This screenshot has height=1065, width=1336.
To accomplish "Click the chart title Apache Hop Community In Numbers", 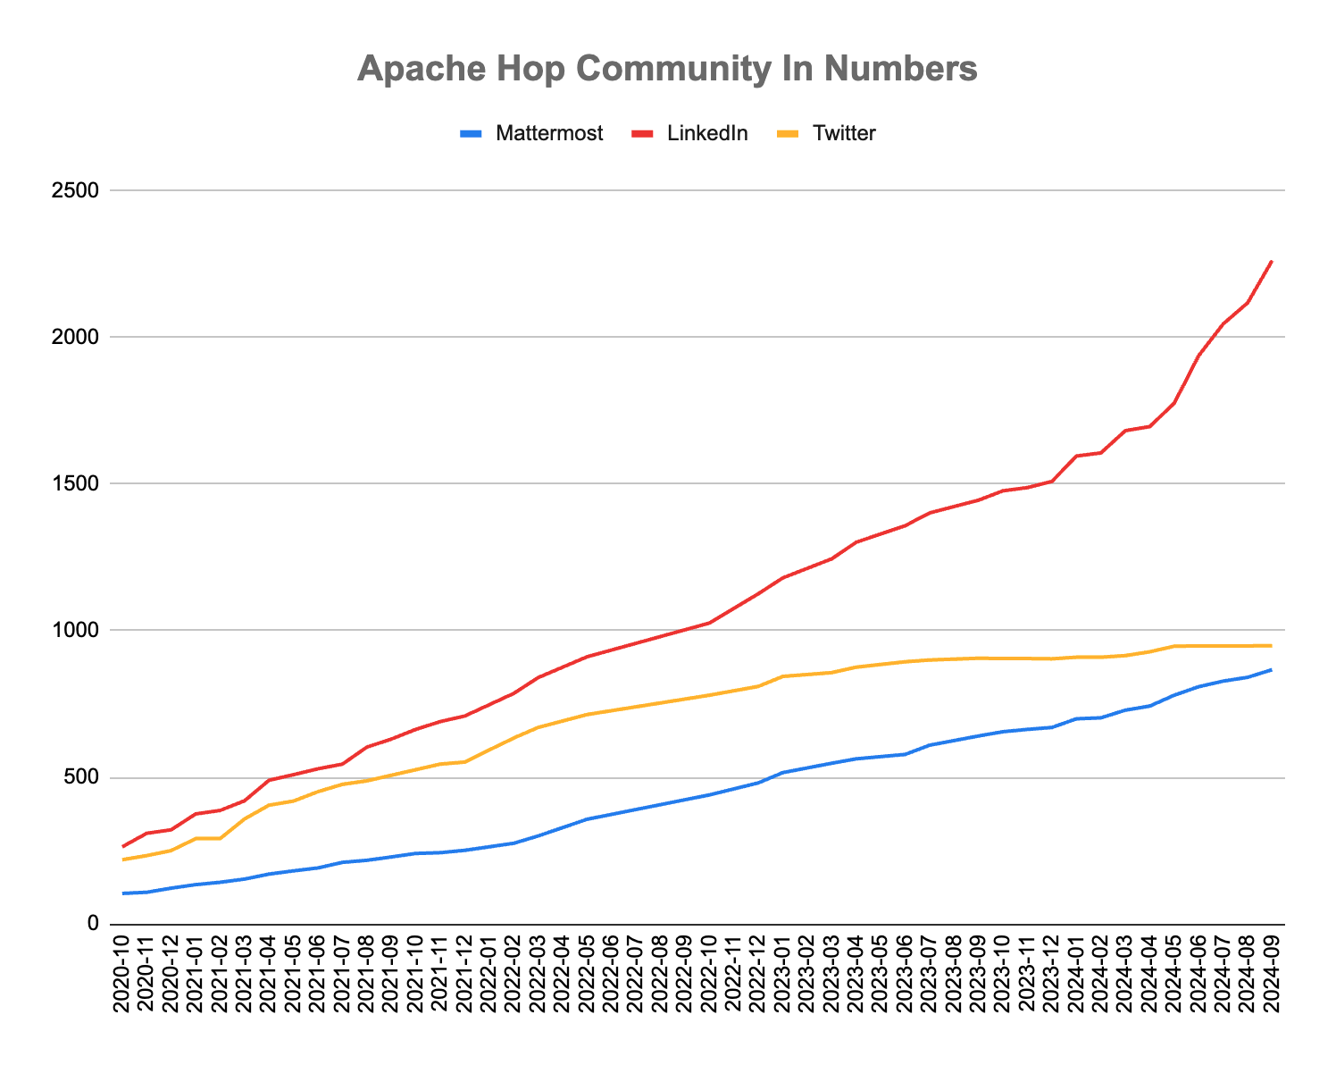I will click(667, 69).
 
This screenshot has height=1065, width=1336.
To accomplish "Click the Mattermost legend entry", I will click(549, 134).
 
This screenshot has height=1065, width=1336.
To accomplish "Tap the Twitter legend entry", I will click(844, 134).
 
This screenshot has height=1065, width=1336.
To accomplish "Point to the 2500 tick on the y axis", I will click(79, 190).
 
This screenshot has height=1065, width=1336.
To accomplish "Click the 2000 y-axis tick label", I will click(79, 337).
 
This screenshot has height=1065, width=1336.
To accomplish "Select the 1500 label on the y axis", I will click(79, 483).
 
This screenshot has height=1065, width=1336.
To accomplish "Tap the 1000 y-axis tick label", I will click(79, 631).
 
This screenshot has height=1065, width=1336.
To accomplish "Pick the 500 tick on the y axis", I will click(84, 777).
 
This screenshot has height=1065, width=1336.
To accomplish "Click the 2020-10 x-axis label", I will click(123, 974).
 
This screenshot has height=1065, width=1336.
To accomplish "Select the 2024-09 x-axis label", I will click(1272, 974).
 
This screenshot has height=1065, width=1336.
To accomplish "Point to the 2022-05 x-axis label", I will click(587, 974).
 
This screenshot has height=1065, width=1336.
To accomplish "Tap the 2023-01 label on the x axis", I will click(782, 974).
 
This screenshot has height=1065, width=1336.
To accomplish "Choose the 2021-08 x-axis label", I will click(367, 974).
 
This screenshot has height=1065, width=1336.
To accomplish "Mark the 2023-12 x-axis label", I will click(1051, 974).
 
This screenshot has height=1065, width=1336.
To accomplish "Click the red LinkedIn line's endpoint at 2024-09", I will click(1271, 261).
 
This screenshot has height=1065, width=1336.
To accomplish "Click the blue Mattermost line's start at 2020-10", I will click(123, 893).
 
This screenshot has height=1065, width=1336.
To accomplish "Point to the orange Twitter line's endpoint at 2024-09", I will click(1271, 645).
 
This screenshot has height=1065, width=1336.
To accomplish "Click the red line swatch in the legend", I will click(644, 134).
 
